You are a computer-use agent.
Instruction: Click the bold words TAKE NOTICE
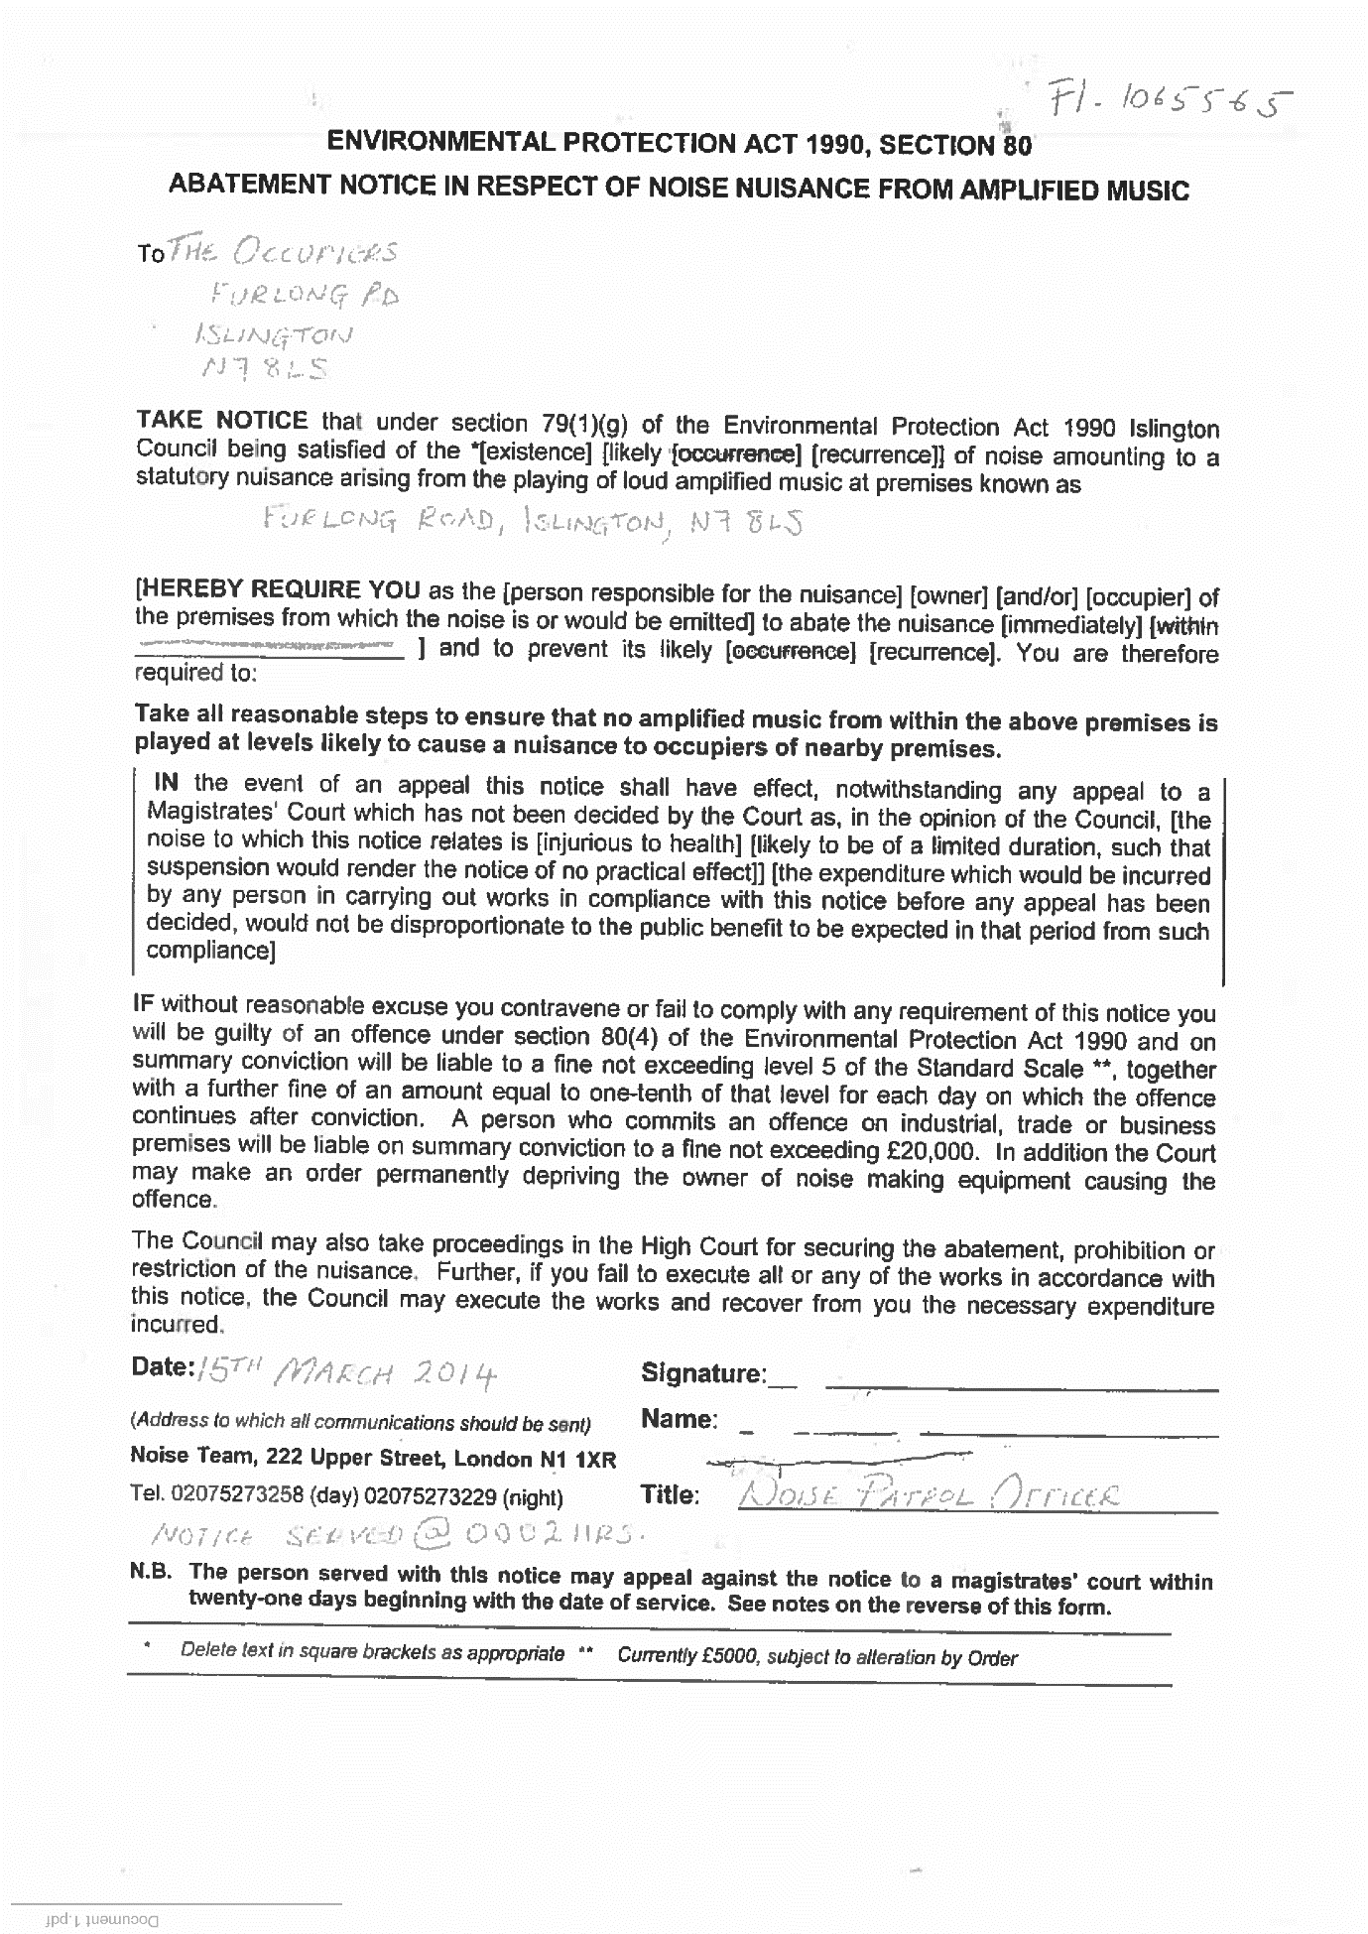[x=222, y=421]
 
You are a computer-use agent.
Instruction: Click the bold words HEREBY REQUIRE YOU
[x=280, y=589]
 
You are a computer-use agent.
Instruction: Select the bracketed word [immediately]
[x=1071, y=625]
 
